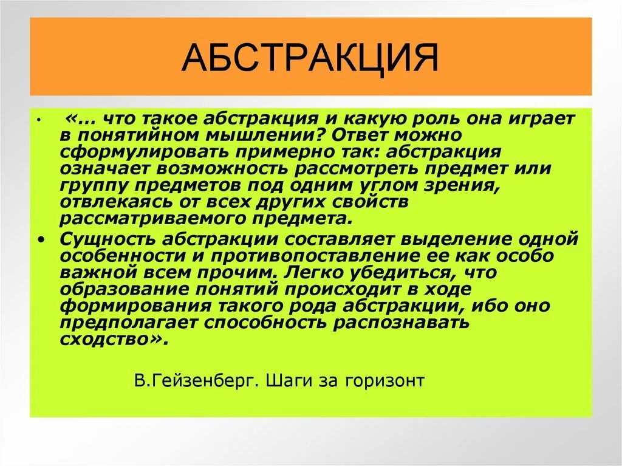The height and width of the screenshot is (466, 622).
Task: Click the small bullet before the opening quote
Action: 38,121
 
